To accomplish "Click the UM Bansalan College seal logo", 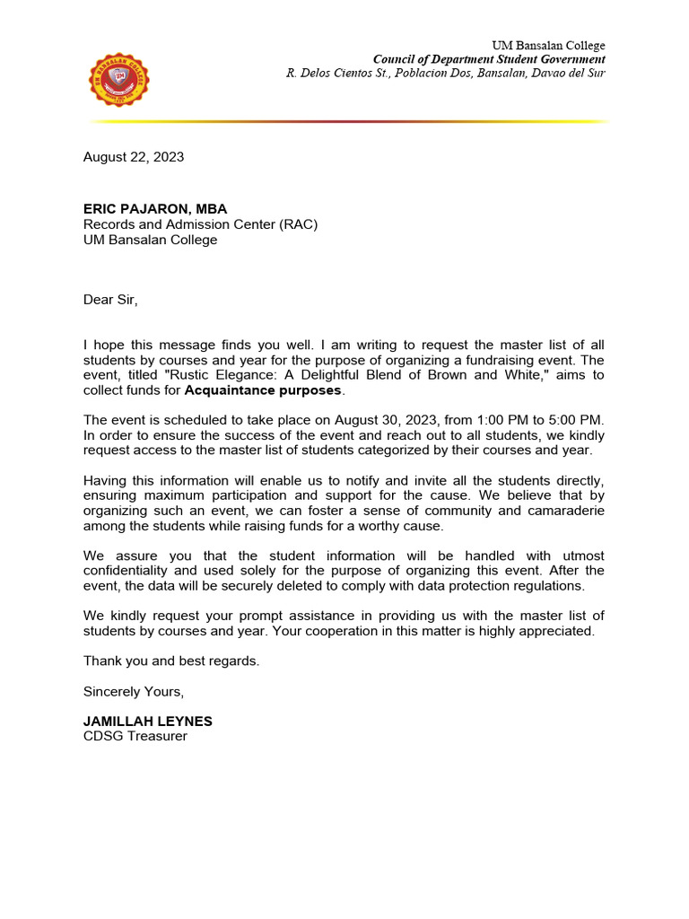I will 120,83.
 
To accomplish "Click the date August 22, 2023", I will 134,157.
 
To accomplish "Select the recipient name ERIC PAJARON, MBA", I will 155,209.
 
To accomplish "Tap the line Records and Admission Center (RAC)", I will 200,224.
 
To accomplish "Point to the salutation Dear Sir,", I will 111,300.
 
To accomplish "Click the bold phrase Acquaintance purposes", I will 263,390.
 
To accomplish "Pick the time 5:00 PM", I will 574,420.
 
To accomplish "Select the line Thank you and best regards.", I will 171,661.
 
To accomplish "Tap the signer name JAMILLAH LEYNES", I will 148,722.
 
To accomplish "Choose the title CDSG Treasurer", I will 135,737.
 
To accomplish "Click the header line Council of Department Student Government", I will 489,59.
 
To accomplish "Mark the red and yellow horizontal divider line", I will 349,121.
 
